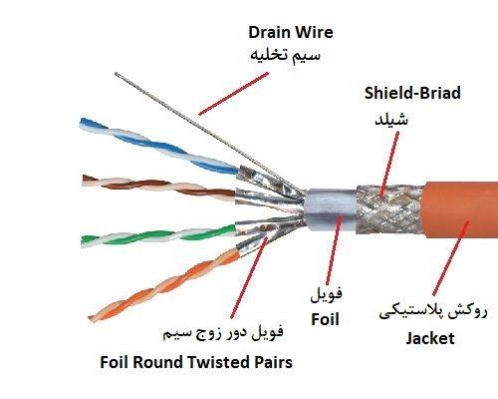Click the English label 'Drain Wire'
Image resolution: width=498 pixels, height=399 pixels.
tap(291, 33)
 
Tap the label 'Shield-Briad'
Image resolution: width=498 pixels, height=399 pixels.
tap(412, 93)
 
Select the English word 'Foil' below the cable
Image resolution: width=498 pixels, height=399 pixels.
tap(325, 319)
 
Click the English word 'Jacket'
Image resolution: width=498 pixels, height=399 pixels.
tap(430, 339)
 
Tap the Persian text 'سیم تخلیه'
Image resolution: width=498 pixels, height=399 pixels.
tap(285, 55)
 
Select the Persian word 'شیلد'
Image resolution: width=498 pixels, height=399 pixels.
tap(391, 119)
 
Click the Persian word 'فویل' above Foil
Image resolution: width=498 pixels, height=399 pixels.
tap(326, 294)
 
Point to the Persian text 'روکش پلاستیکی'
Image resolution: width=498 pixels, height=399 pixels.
tap(433, 312)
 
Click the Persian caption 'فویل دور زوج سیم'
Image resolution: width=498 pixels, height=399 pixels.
tap(223, 332)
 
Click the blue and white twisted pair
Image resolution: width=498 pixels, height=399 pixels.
tap(159, 147)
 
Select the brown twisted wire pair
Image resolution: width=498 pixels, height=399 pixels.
tap(158, 188)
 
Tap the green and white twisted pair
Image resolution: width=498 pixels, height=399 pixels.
tap(157, 235)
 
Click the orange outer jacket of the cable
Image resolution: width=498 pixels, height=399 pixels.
tap(461, 209)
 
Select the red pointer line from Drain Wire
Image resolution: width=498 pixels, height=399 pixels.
tap(233, 94)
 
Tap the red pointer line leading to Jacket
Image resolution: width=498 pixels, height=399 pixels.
tap(451, 258)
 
